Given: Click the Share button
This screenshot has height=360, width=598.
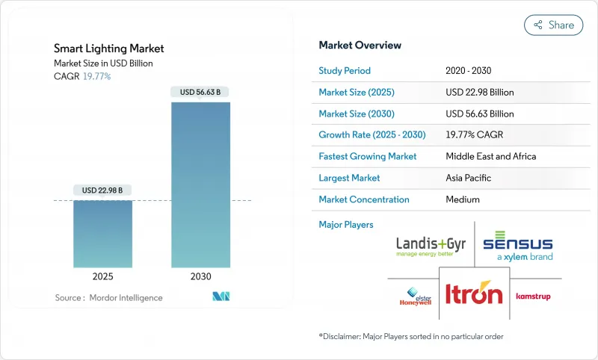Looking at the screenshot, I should (x=553, y=25).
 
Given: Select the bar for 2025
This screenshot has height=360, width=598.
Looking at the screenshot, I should (x=102, y=233).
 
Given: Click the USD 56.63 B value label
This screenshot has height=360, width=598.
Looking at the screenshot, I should (x=200, y=93).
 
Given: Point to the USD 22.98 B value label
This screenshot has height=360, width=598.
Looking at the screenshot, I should (x=102, y=190).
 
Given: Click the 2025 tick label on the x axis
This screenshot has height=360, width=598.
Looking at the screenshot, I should (x=102, y=276).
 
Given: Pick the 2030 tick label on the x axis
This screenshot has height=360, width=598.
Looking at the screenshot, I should (x=200, y=276).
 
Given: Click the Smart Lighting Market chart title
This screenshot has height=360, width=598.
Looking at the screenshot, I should (x=109, y=49).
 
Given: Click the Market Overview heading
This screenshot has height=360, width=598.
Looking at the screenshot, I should (x=360, y=46).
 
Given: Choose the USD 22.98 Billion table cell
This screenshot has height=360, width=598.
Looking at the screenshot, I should (x=479, y=93).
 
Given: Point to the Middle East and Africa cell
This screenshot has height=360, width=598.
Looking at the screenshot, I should (x=490, y=157).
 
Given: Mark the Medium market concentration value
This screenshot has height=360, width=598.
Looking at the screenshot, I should (x=463, y=199).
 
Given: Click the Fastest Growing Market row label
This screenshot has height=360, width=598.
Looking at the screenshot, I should (x=367, y=157).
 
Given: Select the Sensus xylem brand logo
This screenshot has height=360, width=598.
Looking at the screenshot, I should (x=517, y=247).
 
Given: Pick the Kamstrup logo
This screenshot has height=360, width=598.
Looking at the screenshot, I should (x=533, y=297).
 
